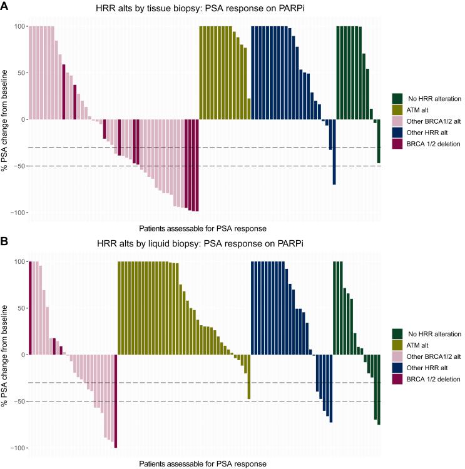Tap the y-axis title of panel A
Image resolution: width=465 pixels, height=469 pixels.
pos(6,120)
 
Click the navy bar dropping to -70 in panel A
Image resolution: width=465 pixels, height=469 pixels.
pos(334,152)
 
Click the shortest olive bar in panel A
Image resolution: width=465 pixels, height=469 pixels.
pos(249,109)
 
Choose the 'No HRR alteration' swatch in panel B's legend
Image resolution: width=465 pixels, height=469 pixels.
pos(397,334)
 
